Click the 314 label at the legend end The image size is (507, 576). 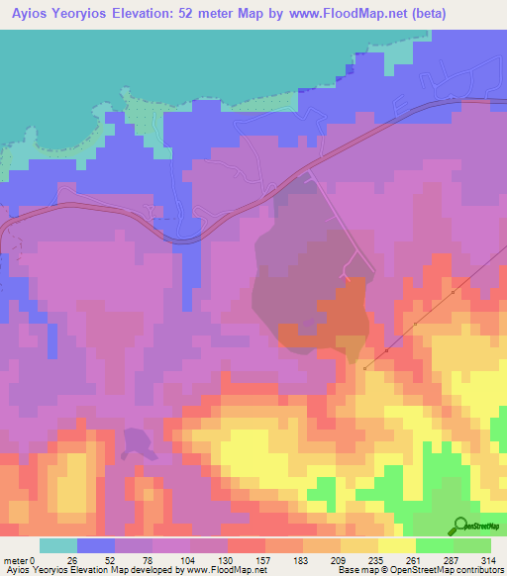(485, 559)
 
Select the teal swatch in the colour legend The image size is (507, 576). (58, 545)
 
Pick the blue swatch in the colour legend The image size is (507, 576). (96, 545)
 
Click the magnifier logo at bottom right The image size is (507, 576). (461, 526)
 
